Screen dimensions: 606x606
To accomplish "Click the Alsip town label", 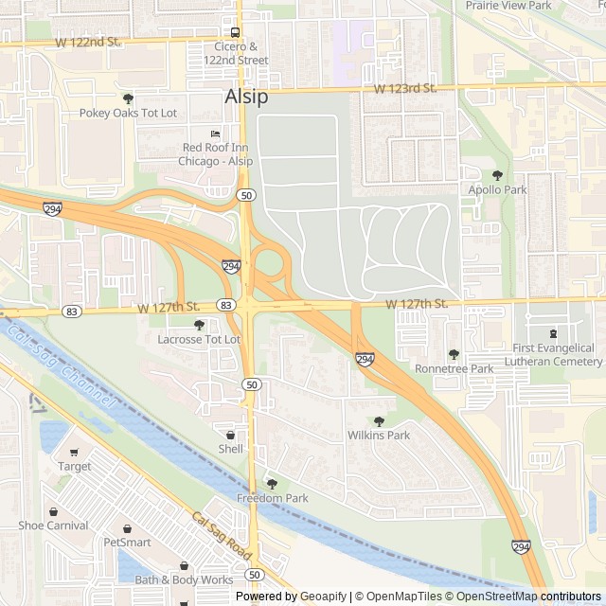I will click(x=246, y=97).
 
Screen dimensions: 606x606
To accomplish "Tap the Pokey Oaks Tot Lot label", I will click(x=129, y=113).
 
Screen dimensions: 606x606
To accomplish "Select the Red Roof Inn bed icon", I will click(x=215, y=134).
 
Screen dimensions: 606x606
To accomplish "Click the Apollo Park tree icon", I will click(x=497, y=175).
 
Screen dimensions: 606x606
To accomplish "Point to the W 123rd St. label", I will click(x=404, y=88).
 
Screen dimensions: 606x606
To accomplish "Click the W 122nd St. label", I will click(x=88, y=43).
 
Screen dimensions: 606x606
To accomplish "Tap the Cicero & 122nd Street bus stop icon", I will click(x=236, y=31).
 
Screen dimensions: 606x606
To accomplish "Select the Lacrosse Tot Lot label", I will click(x=199, y=339).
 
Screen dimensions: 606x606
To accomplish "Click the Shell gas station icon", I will click(x=230, y=435).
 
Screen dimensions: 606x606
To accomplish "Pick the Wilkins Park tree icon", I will click(x=379, y=421).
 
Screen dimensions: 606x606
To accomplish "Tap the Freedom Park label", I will click(x=272, y=498).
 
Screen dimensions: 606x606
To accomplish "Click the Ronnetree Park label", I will click(x=454, y=368).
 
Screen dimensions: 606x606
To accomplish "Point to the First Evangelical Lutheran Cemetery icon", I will click(x=553, y=333).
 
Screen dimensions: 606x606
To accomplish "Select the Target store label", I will click(x=75, y=466).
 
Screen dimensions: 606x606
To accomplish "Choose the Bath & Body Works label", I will click(x=184, y=579).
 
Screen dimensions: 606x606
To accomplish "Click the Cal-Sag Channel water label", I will click(x=60, y=367).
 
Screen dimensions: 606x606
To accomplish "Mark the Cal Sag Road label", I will click(x=223, y=536).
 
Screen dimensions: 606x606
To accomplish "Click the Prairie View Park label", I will click(x=508, y=5).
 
